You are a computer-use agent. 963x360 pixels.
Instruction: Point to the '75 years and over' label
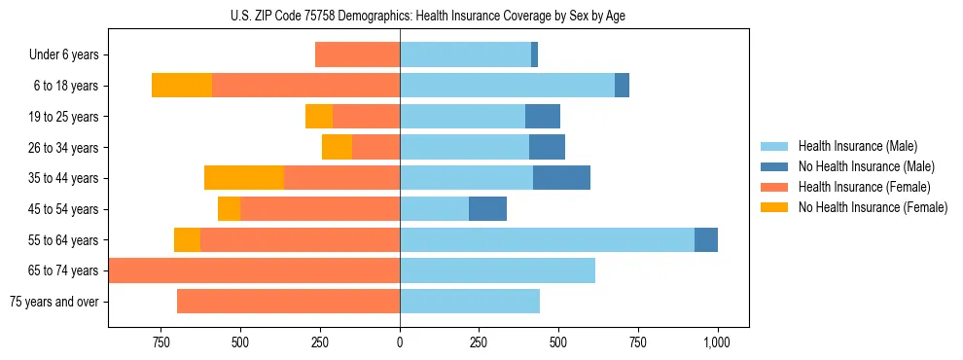pos(54,302)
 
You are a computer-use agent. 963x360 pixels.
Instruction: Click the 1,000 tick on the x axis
pos(717,342)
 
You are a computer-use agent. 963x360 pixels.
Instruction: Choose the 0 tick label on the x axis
pos(400,342)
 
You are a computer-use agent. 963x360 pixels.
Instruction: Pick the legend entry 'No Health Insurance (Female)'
pos(873,207)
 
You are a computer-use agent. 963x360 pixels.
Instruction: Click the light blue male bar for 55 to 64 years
pos(547,240)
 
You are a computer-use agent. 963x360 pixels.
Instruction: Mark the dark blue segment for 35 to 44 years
pos(561,178)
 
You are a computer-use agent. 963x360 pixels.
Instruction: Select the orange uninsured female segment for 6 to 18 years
pos(182,86)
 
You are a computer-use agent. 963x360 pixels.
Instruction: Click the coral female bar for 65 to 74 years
pos(255,270)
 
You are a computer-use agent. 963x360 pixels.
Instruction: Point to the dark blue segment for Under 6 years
pos(534,55)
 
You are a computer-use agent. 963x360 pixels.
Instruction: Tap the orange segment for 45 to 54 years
pos(229,209)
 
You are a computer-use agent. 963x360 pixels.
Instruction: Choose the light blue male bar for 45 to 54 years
pos(434,209)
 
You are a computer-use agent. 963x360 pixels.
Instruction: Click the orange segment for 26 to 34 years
pos(337,147)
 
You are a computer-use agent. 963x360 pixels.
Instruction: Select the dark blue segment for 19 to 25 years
pos(542,117)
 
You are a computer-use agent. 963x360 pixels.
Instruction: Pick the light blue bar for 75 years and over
pos(469,302)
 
